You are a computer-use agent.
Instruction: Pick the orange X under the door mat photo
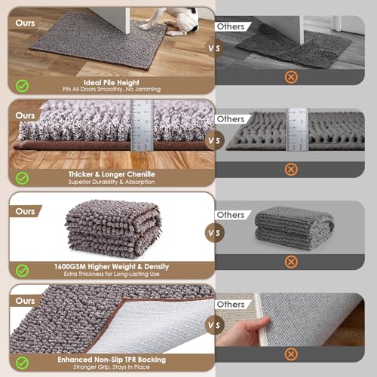[x=290, y=77]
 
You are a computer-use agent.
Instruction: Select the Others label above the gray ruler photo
[x=231, y=119]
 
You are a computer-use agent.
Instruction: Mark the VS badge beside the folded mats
[x=214, y=232]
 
